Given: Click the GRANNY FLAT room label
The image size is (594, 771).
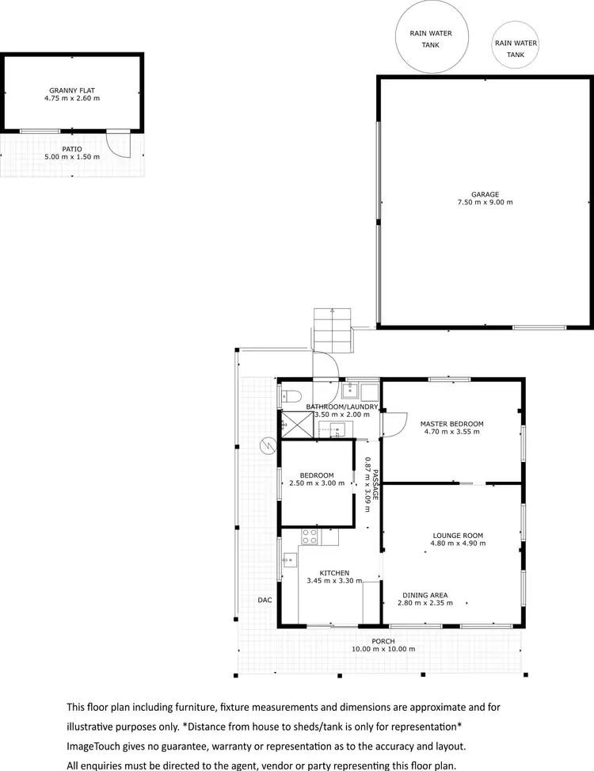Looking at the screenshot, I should (74, 90).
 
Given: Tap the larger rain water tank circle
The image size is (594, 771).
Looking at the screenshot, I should (430, 38).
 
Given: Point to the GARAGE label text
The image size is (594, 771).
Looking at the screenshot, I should (485, 194).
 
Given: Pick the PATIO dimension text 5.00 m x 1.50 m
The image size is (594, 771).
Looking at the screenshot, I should (72, 158).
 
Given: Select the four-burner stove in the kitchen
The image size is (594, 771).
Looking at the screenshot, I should (310, 538).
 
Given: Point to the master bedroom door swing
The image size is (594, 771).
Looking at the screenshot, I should (394, 423).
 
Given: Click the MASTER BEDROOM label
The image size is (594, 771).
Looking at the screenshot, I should (451, 424).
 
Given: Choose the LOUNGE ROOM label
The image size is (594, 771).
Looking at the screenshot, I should (458, 535).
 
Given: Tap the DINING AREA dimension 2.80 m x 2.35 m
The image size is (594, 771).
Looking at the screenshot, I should (425, 603).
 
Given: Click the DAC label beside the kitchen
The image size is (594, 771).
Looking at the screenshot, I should (265, 600).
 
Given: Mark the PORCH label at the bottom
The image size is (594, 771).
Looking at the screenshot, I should (383, 641).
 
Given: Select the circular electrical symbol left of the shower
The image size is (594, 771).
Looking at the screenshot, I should (267, 446).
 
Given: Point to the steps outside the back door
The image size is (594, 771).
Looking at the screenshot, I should (332, 329).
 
